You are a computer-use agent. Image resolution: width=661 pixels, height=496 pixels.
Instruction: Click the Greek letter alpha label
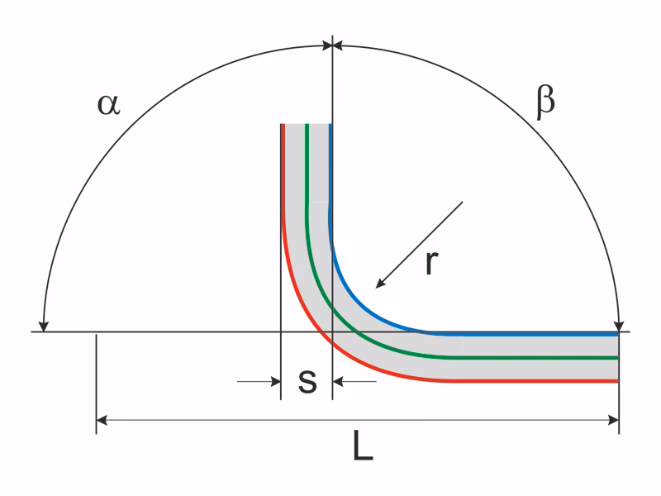point(109,105)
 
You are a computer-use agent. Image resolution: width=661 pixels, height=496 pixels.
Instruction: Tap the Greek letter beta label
point(545,103)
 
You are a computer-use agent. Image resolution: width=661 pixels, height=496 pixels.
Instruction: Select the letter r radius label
point(431,262)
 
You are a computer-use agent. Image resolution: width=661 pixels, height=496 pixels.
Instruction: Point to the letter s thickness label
point(307,381)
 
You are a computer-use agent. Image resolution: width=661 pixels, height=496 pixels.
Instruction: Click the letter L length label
point(363,446)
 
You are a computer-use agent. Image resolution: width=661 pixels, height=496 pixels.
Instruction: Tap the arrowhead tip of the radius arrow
point(376,288)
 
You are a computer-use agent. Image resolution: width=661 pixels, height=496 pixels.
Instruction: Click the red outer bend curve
point(321,333)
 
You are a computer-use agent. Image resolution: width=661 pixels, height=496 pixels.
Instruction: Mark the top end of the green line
point(307,125)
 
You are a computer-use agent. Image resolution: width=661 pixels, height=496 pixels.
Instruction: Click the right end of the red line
point(617,381)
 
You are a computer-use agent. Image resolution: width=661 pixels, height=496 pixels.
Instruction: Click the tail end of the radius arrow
point(463,202)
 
